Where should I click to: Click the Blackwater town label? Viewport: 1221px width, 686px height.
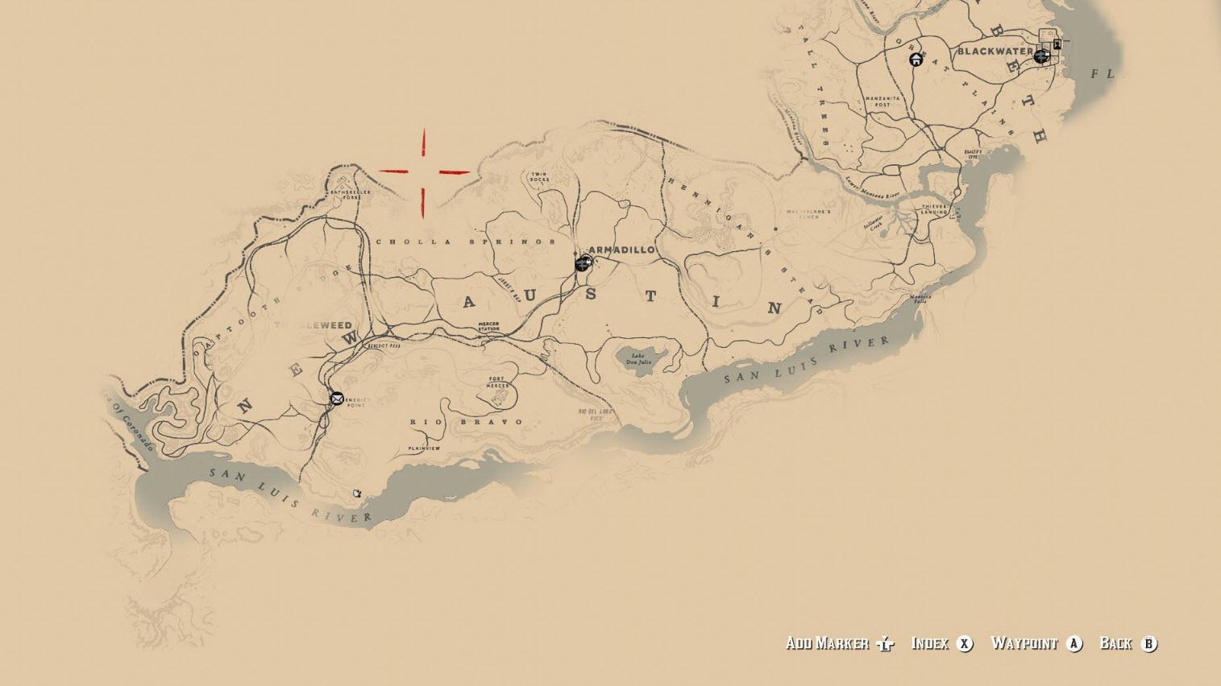995,52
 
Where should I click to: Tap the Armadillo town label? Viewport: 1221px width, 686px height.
621,250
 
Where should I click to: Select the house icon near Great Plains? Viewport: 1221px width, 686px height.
916,59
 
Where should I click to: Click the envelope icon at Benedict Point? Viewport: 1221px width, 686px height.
337,398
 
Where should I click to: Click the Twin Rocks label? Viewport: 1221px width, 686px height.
538,176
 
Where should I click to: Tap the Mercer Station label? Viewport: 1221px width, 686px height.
488,327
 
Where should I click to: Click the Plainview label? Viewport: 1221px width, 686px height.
424,448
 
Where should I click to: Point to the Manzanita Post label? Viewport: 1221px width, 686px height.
877,101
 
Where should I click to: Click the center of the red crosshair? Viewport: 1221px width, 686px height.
424,171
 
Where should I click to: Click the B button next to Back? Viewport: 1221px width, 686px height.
1149,643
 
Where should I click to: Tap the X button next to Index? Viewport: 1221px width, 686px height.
964,643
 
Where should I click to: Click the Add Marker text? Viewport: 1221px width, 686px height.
827,643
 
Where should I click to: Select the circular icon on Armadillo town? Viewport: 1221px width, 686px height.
583,263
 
